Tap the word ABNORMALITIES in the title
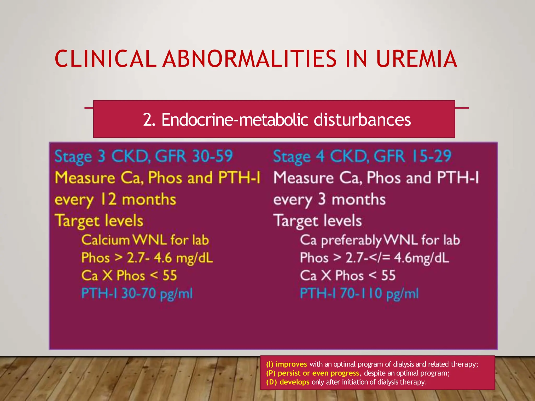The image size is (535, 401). [249, 59]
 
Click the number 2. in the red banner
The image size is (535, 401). [149, 120]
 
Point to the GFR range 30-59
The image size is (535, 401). [212, 156]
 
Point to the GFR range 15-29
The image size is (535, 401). [431, 156]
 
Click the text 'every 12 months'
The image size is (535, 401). [115, 200]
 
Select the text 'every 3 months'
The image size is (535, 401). [329, 200]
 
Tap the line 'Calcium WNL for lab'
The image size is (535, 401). [145, 240]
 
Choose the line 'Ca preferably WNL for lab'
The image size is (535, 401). [380, 240]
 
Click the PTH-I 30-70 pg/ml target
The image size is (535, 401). [137, 293]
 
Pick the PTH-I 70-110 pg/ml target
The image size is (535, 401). [359, 293]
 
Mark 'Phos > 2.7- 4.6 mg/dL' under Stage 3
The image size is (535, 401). [147, 258]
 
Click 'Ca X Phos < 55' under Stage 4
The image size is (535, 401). [348, 276]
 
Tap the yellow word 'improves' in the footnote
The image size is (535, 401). [291, 364]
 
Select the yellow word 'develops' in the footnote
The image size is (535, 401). [294, 382]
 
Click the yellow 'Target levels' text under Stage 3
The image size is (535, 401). [99, 221]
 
